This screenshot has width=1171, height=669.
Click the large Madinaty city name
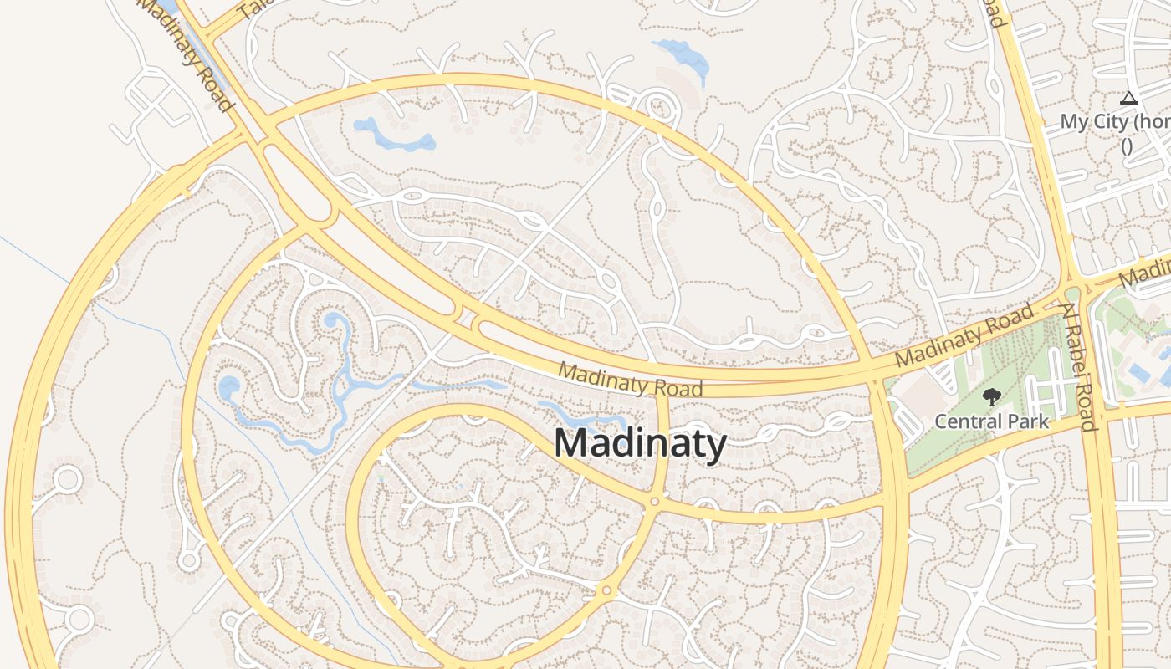(x=640, y=442)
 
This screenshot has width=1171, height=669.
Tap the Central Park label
(x=991, y=421)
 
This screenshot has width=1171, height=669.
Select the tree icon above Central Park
(x=991, y=396)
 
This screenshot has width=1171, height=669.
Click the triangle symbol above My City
(x=1128, y=99)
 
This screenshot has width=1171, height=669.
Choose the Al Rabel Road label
(x=1079, y=367)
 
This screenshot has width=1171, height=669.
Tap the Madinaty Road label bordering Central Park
(x=964, y=336)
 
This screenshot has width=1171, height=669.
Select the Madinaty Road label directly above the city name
(x=630, y=378)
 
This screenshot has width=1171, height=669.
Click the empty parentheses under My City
(x=1127, y=146)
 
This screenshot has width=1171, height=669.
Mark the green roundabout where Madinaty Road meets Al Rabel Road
(x=1073, y=294)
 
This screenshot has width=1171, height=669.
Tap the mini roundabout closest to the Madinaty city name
(x=654, y=502)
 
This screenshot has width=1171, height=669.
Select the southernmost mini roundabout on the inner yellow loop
(x=606, y=591)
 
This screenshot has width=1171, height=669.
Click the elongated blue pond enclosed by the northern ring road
(x=394, y=135)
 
